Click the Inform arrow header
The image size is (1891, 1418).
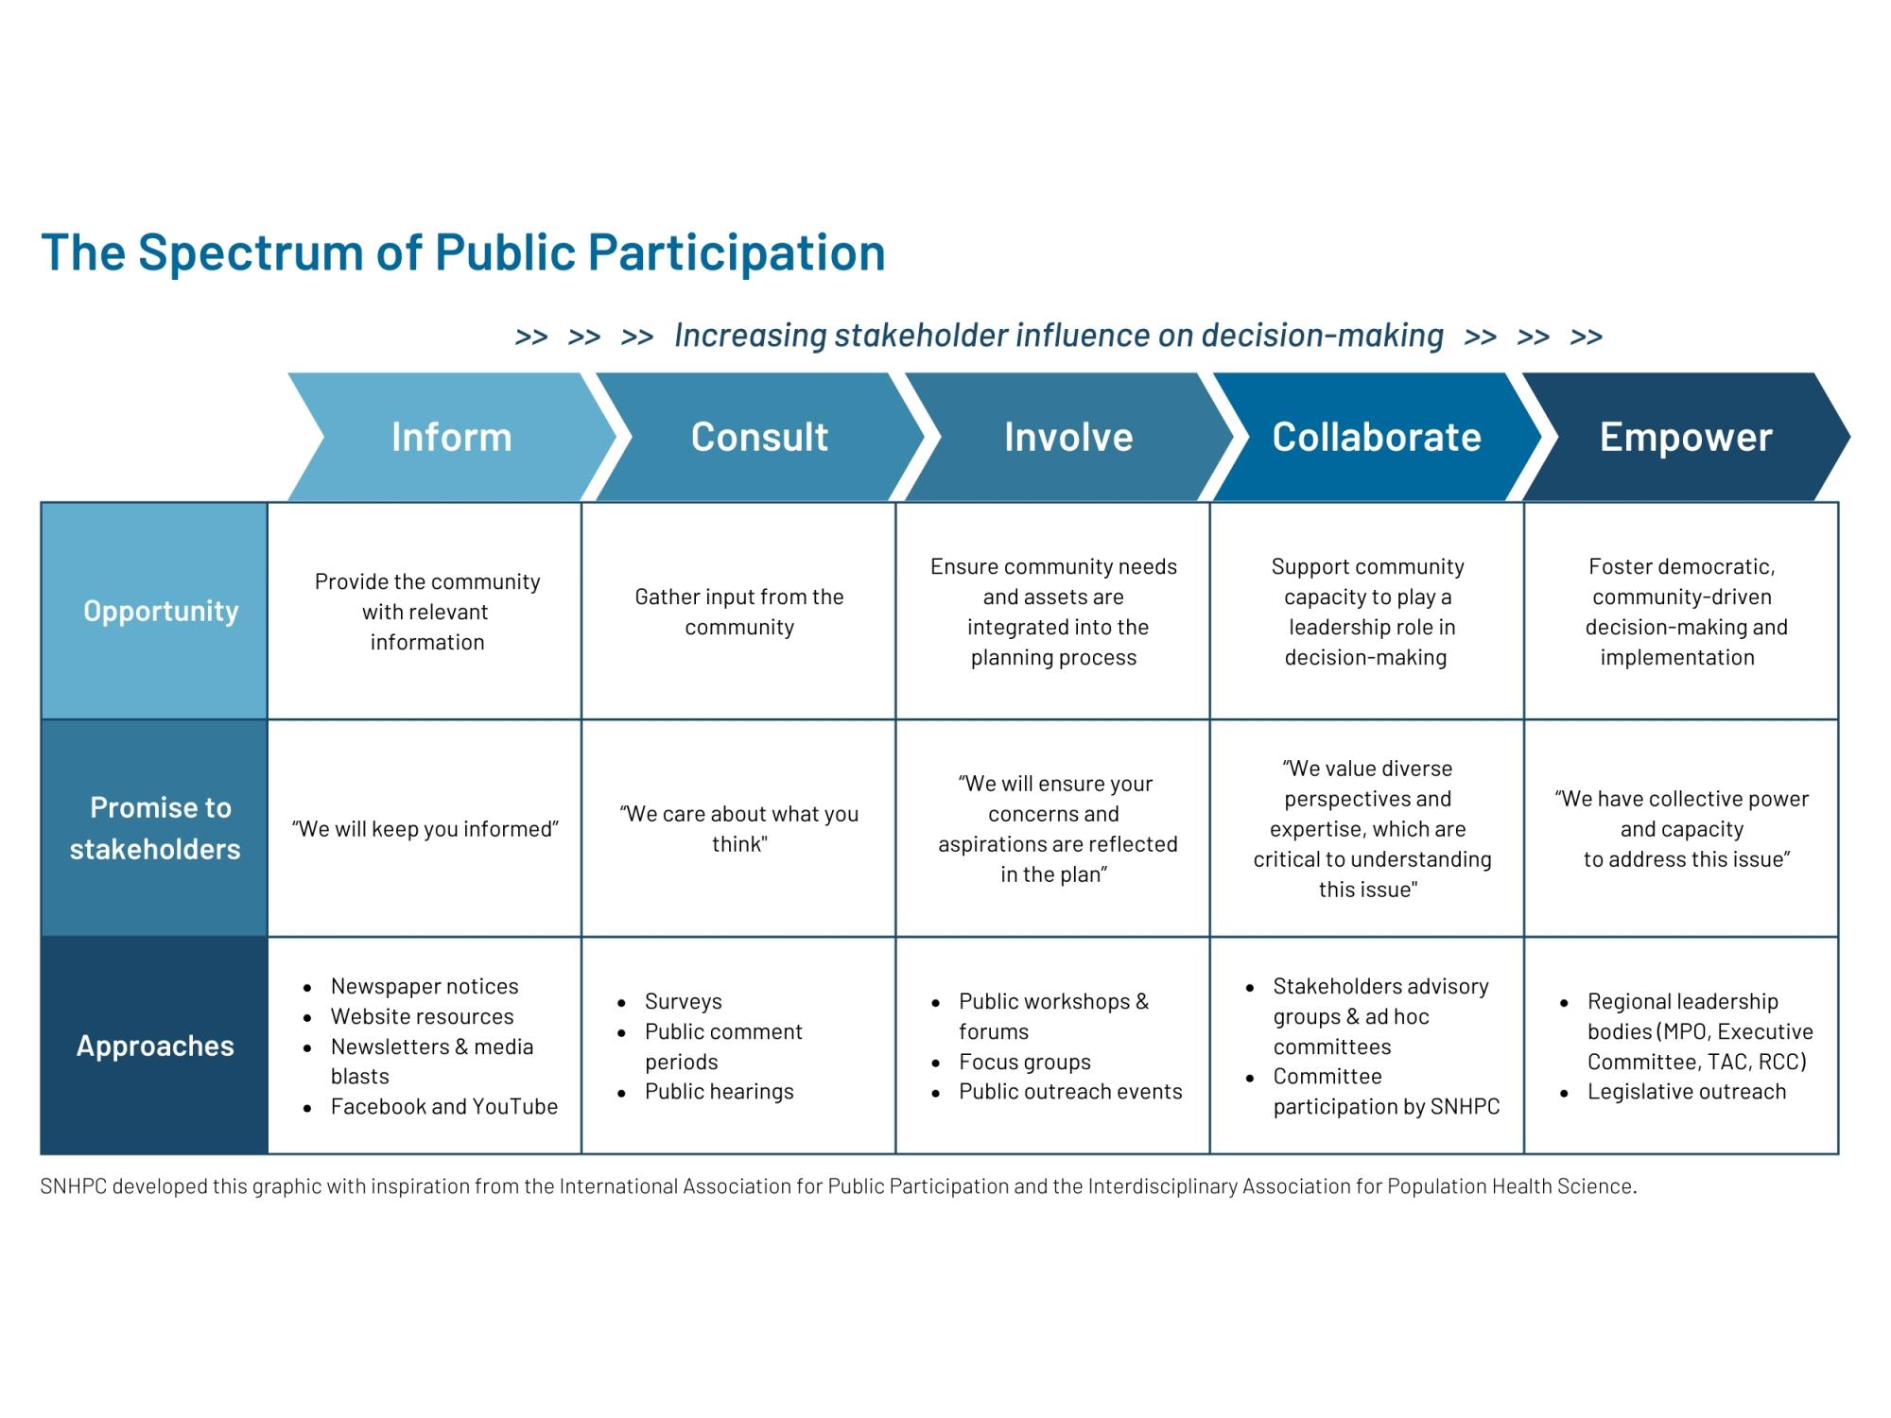(x=452, y=437)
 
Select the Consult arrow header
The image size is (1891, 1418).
(x=760, y=437)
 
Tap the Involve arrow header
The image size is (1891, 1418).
(x=1068, y=437)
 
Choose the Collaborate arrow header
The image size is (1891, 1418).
(x=1377, y=437)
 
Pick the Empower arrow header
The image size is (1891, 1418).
(x=1686, y=437)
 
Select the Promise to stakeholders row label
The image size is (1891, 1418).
(x=154, y=828)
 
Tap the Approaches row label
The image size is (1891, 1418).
(x=154, y=1046)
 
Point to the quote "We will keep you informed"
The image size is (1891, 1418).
(x=425, y=829)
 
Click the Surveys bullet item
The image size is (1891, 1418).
(x=683, y=1001)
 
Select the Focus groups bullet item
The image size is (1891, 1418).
(x=1025, y=1062)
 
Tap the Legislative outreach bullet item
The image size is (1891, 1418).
(x=1687, y=1092)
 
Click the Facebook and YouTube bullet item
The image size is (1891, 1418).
(x=444, y=1106)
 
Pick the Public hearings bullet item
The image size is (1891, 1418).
(x=720, y=1092)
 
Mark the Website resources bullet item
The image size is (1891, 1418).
(x=423, y=1016)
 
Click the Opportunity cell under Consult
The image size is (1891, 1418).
(x=738, y=612)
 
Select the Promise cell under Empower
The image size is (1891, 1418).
(x=1681, y=828)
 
